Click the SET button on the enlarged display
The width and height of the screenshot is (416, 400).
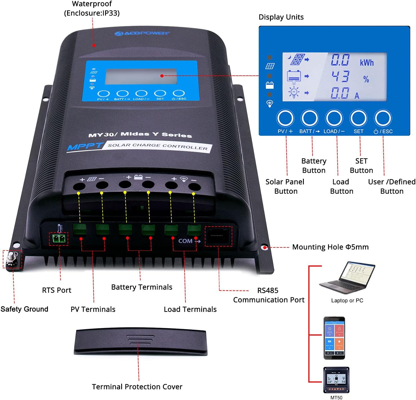pos(358,118)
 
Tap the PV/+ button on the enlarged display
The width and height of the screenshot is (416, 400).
pos(285,118)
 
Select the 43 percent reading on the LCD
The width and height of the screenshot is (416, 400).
pos(340,76)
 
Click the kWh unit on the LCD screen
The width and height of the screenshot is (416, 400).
pos(366,62)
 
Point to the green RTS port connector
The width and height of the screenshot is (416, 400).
pos(59,239)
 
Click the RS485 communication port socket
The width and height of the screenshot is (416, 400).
pos(218,236)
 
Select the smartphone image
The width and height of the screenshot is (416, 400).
pos(334,338)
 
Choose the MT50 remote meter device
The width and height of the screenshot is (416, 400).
pos(336,380)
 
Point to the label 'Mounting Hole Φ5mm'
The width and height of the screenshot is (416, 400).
pos(330,247)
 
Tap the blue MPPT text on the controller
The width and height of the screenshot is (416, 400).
pos(85,146)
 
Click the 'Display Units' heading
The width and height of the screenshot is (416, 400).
pos(281,17)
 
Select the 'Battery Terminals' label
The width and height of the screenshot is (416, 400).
pos(141,287)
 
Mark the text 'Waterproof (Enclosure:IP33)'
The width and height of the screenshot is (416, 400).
pos(92,8)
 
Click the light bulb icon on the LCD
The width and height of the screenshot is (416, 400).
pos(294,92)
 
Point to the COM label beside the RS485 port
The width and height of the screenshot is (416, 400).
pos(185,241)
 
